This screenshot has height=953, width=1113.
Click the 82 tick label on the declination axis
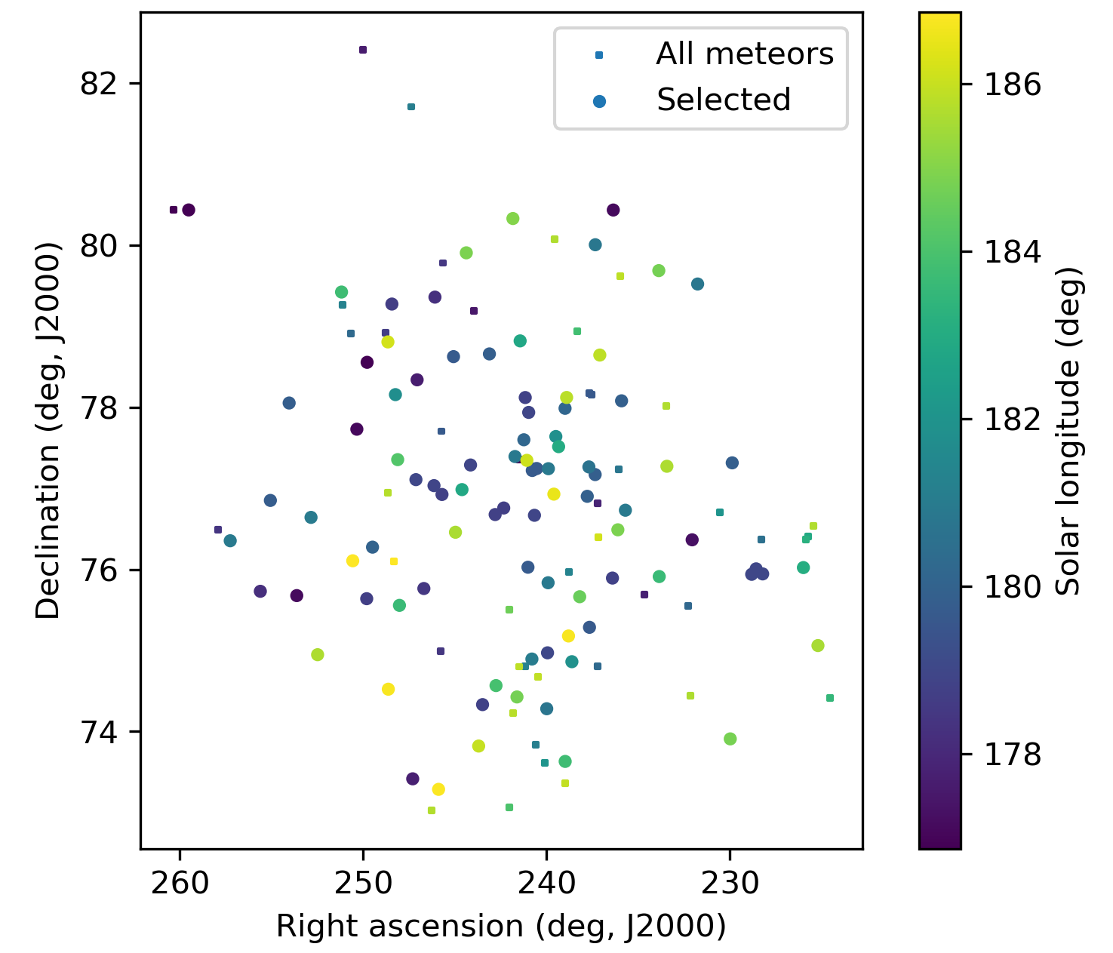pos(99,83)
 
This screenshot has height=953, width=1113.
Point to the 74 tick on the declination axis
pos(99,732)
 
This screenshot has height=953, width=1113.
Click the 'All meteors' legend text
pos(745,54)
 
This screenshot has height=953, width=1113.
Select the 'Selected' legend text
pos(724,100)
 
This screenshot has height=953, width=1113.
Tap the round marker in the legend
pos(599,100)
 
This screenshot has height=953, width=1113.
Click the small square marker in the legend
pos(599,55)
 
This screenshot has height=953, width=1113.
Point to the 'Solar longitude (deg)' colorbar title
pos(1068,430)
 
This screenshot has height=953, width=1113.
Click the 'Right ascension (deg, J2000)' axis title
pos(501,926)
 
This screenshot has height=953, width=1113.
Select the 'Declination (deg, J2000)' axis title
pos(48,430)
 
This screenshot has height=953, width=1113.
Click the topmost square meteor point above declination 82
pos(363,50)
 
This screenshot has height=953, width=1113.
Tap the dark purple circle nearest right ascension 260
pos(189,210)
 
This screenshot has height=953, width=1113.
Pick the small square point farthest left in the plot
pos(174,210)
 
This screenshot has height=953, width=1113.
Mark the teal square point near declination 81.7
pos(411,107)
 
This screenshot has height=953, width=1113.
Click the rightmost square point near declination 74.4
pos(830,698)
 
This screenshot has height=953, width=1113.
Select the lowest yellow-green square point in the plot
pos(432,810)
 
